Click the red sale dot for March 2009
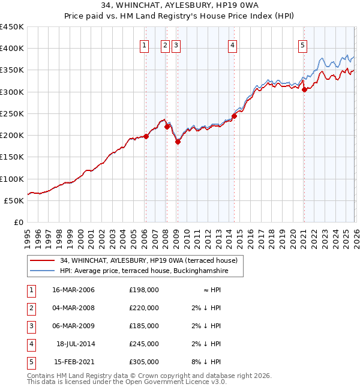coord(178,142)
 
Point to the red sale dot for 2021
coord(304,89)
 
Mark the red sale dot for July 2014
coord(234,116)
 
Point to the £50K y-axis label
coord(14,200)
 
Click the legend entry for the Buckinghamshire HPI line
coord(143,271)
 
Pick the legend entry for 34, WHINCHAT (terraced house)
coord(149,260)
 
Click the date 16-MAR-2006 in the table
coord(74,290)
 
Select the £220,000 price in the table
coord(144,308)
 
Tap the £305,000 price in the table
coord(144,362)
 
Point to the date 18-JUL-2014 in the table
coord(76,344)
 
